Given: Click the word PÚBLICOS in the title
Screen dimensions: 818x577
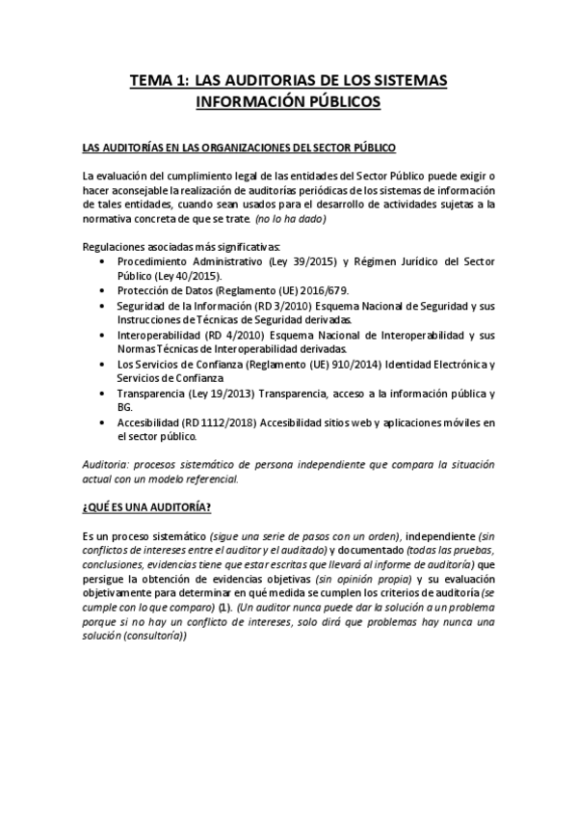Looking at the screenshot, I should (336, 100).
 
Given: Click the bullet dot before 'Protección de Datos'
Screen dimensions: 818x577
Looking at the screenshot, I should (104, 290).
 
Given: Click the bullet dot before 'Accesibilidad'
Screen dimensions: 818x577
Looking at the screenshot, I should (104, 423).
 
